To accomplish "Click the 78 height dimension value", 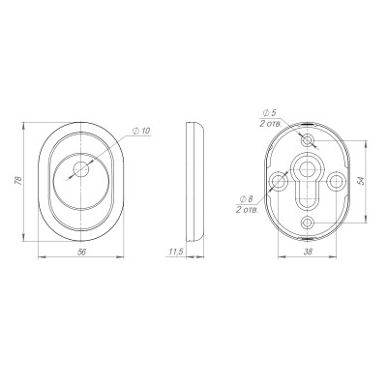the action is [19, 181].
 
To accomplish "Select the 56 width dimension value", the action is [82, 253].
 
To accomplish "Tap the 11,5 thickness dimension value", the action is [176, 253].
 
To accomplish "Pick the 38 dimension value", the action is [309, 253].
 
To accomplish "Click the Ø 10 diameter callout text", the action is [141, 131].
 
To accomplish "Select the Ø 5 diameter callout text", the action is [270, 113].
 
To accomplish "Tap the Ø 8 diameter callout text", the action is [246, 199].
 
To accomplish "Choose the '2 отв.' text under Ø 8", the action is [248, 210].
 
